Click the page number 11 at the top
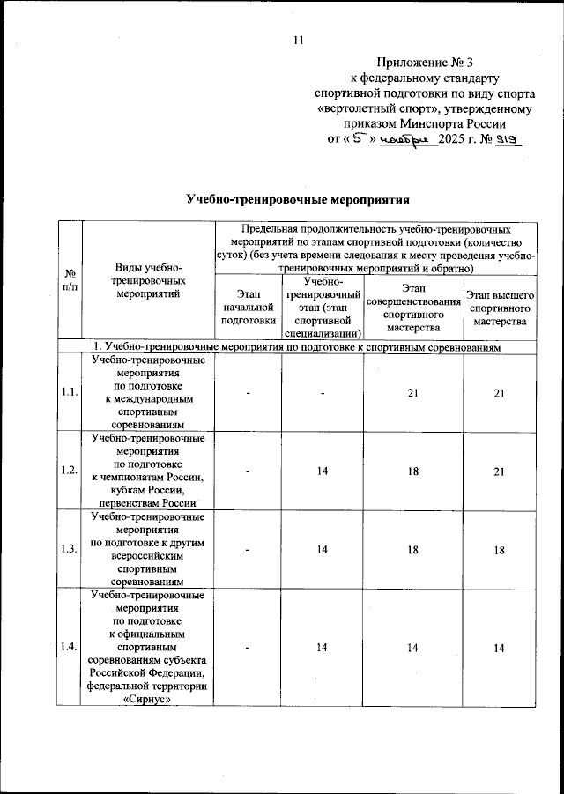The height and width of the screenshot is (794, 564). (298, 40)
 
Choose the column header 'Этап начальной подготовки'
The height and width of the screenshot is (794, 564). (249, 308)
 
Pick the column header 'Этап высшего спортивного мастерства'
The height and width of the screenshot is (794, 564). (500, 308)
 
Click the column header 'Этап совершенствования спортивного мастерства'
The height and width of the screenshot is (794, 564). (412, 308)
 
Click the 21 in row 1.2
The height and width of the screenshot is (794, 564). (500, 471)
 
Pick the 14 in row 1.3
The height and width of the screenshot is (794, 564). (323, 550)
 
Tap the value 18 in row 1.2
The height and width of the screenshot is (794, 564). (412, 471)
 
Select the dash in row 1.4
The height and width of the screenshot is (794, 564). (249, 649)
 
